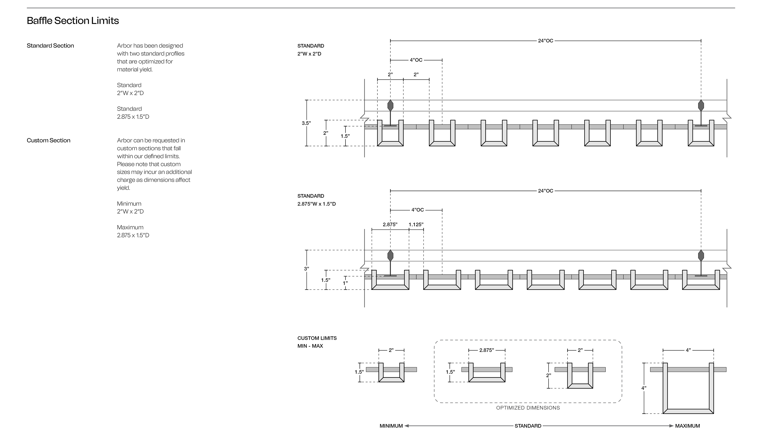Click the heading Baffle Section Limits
[x=73, y=21]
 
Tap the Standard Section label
[x=50, y=46]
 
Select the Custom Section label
[x=48, y=141]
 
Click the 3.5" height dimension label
[x=306, y=123]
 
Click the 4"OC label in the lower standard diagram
[x=417, y=210]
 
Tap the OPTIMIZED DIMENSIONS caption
[x=528, y=408]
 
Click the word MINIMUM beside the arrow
[x=391, y=426]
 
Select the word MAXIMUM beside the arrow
[x=687, y=426]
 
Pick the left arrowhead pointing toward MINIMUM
[x=407, y=426]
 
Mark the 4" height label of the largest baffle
[x=644, y=388]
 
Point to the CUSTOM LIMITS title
[x=317, y=338]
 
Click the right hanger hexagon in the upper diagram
[x=701, y=105]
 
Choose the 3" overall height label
[x=306, y=269]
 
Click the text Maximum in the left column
[x=130, y=227]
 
